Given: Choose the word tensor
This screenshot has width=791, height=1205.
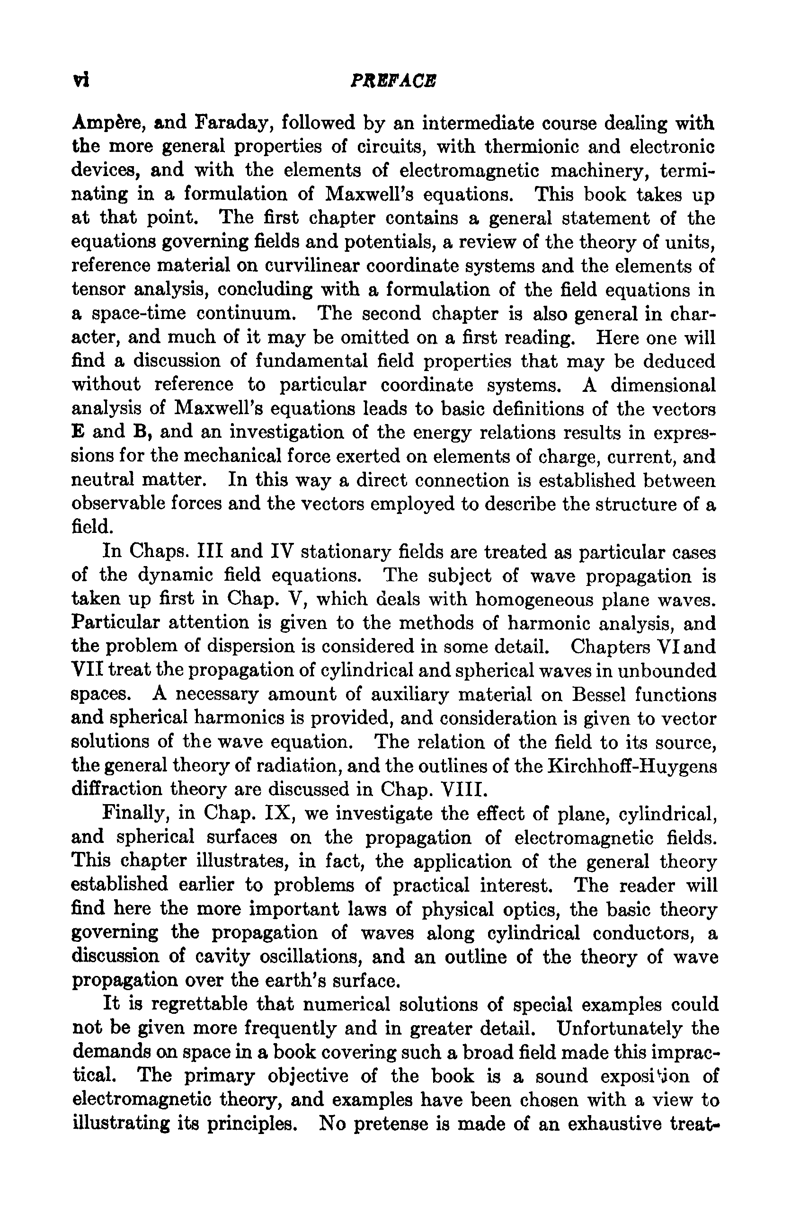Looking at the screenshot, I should pyautogui.click(x=98, y=290).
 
